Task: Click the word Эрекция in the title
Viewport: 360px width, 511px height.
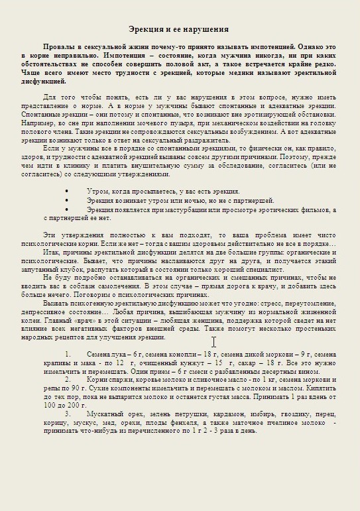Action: tap(145, 29)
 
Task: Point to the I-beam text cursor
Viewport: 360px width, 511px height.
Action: tap(213, 341)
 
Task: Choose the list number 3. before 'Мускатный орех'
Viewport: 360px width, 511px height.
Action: tap(68, 413)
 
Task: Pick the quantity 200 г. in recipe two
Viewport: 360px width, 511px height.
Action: tap(76, 404)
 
